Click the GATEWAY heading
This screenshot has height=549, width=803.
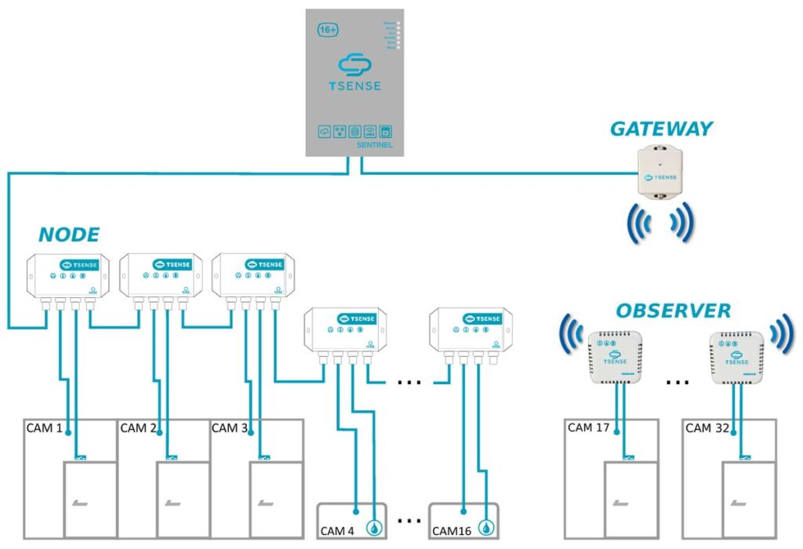click(662, 129)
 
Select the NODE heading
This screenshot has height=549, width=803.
click(69, 234)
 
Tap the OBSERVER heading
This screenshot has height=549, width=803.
click(673, 311)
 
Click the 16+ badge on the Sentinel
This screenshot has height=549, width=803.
click(328, 30)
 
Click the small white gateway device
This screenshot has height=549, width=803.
click(660, 172)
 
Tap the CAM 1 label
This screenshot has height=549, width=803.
click(45, 428)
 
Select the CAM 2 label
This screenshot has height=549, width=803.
click(139, 428)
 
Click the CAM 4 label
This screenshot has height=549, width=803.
click(337, 531)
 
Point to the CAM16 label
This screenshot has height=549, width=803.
click(451, 531)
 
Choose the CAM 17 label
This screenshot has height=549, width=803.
click(590, 428)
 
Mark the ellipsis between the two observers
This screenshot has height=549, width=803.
click(676, 382)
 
